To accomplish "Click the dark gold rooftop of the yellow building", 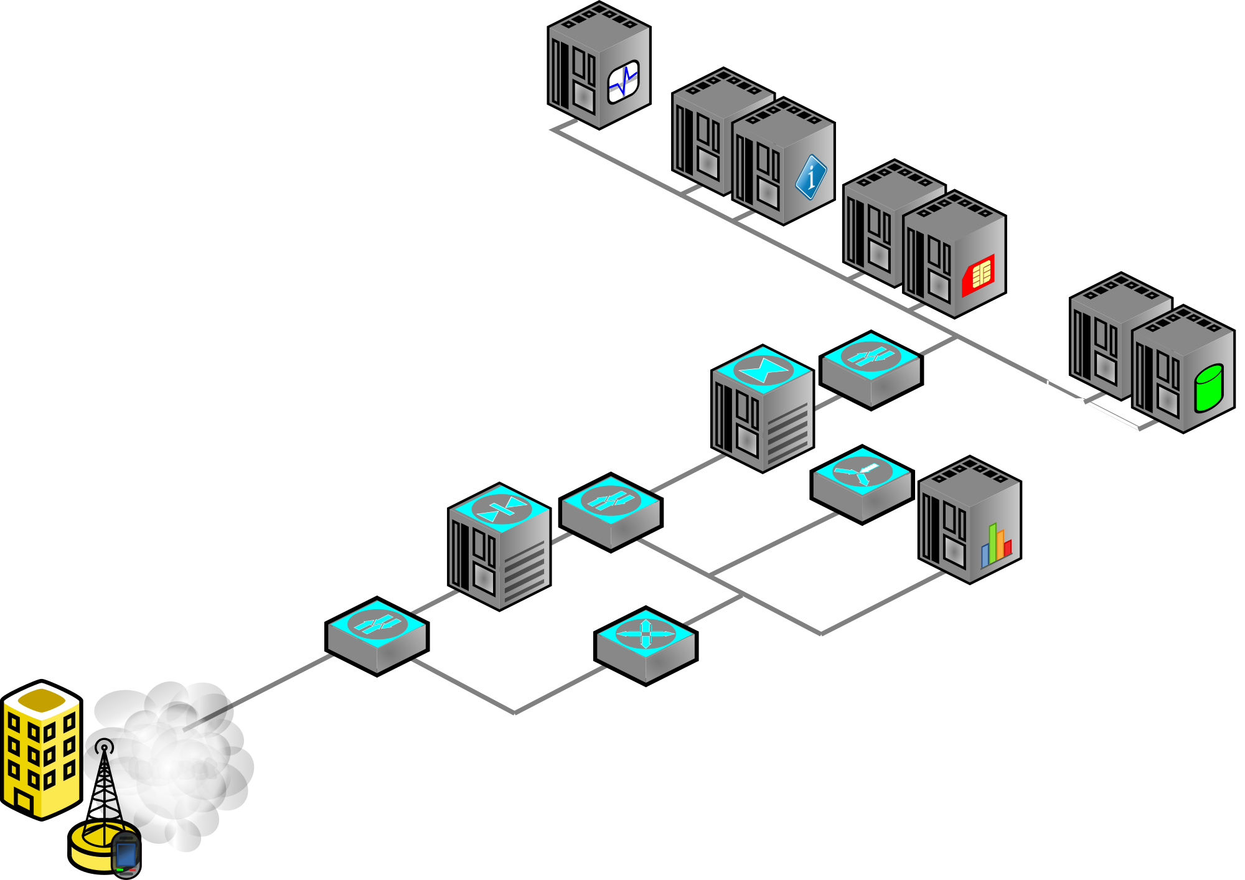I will (x=42, y=700).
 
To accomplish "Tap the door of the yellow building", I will (x=24, y=802).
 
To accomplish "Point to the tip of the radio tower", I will (x=105, y=747).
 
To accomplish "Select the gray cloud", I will (x=181, y=765).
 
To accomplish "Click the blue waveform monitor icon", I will (x=623, y=82).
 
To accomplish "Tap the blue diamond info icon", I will (x=810, y=177).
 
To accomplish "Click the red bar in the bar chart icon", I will (x=1007, y=548).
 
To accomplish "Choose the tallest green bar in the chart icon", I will (x=992, y=543).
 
